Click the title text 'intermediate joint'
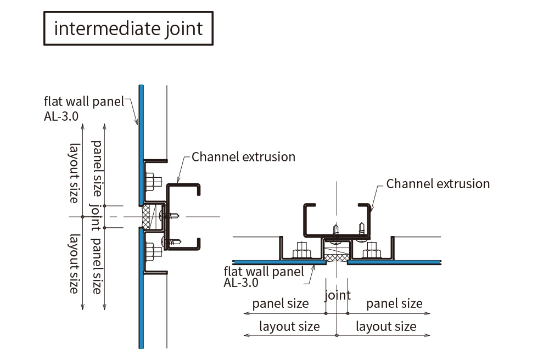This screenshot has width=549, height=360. click(x=128, y=28)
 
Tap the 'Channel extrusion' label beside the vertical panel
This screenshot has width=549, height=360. click(x=243, y=157)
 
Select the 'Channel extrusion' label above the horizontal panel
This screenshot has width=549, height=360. click(x=438, y=183)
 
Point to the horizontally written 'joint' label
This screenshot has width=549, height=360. click(x=338, y=295)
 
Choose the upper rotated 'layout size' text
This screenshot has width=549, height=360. click(x=73, y=172)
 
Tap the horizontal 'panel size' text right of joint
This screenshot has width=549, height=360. click(x=394, y=303)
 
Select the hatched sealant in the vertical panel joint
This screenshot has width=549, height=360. click(x=147, y=216)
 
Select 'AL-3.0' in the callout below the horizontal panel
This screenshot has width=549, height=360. click(x=242, y=284)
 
